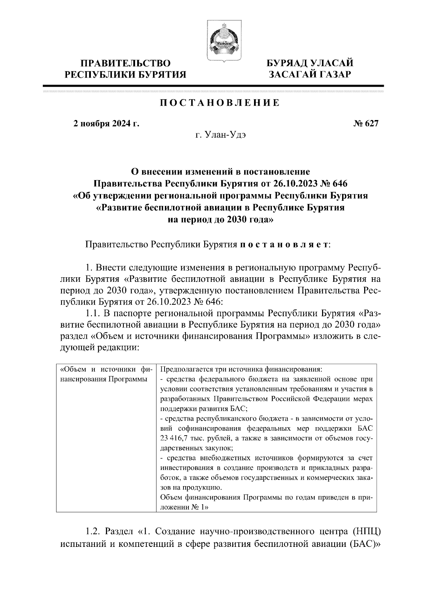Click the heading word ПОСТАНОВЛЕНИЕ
point(220,103)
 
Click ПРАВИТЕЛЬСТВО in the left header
point(126,64)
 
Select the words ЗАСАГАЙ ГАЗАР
point(309,74)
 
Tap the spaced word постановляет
point(284,244)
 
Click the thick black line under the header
point(213,86)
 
